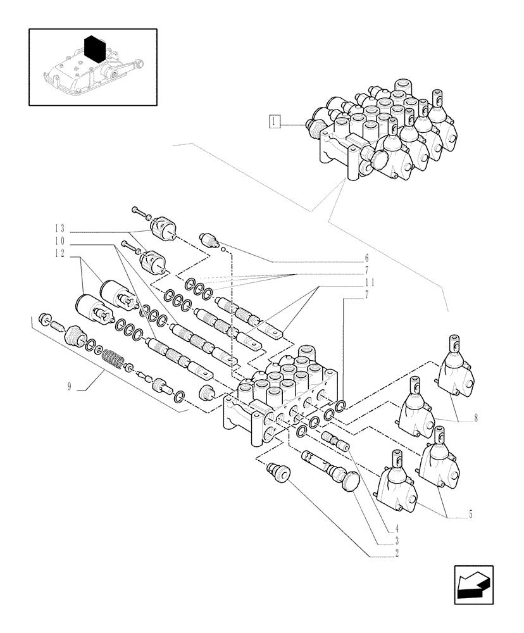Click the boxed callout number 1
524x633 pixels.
274,121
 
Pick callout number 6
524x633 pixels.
366,258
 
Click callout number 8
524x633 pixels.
475,417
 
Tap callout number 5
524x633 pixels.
470,515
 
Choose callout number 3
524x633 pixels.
397,541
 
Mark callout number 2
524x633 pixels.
397,553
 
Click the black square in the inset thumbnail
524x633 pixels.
94,48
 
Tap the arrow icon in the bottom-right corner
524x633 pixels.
473,585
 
